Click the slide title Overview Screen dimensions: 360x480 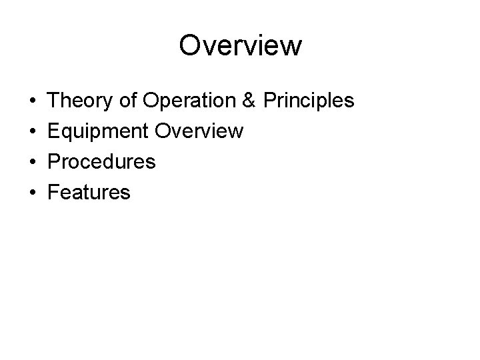240,46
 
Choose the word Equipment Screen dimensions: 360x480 99,132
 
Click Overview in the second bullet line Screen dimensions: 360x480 199,131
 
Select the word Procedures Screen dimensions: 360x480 103,162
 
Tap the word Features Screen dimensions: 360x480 90,193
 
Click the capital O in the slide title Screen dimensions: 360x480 191,46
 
